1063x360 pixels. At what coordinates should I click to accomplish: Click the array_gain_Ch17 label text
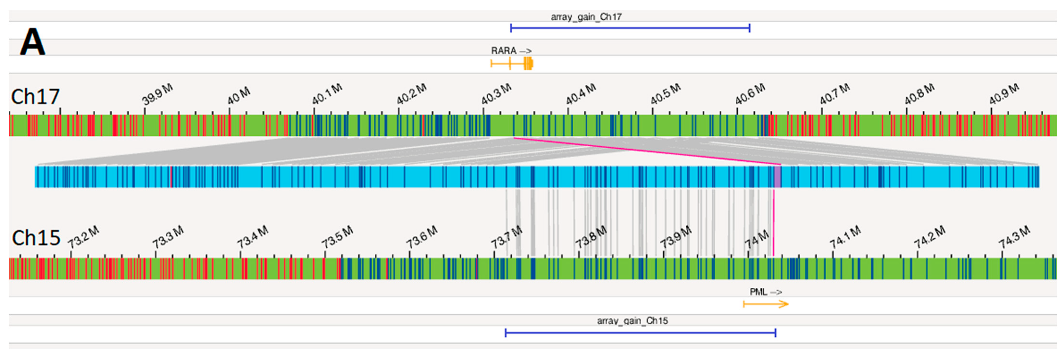coord(586,17)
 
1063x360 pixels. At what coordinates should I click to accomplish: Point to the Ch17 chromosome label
coord(36,97)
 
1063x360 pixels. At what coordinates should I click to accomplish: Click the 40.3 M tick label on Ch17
coord(497,94)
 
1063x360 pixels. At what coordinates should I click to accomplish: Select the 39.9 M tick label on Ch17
coord(157,94)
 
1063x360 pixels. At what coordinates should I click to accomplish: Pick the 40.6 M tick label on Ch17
coord(750,94)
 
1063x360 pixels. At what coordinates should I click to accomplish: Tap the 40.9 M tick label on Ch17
coord(1004,94)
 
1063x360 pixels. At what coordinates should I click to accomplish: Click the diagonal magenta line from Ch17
coord(644,151)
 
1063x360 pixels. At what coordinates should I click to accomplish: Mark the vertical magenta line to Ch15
coord(774,223)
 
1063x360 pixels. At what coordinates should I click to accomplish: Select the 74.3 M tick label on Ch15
coord(1014,237)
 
